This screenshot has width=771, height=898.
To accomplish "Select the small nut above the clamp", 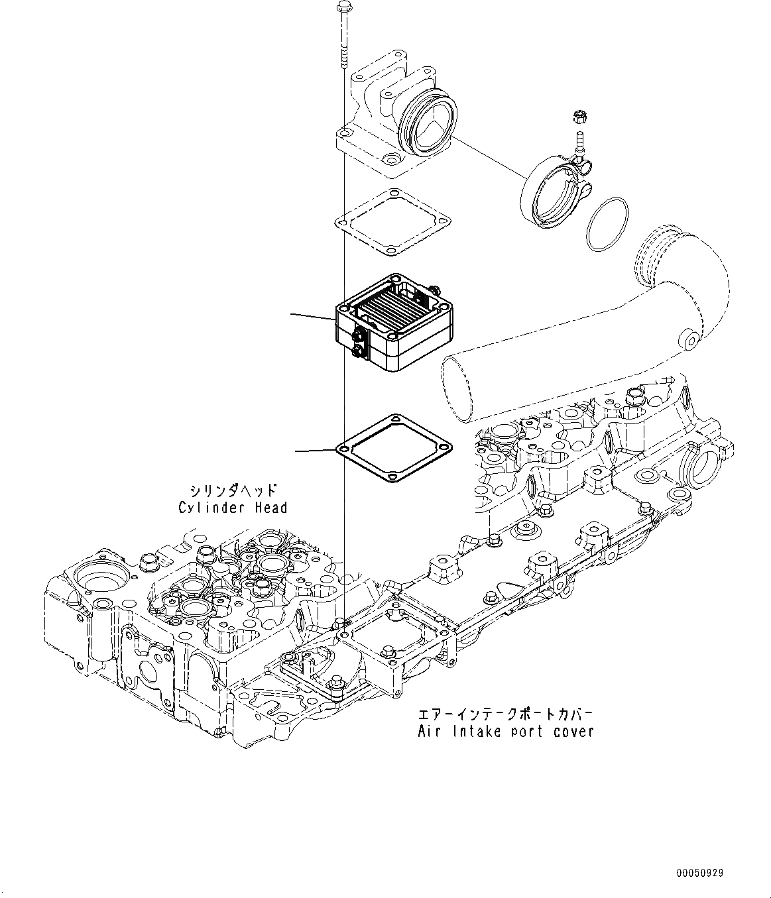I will [577, 119].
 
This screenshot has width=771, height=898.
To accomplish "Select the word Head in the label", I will [271, 508].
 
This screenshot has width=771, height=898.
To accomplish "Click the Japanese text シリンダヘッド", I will [233, 491].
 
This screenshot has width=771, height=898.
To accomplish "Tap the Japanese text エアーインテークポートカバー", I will [504, 715].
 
